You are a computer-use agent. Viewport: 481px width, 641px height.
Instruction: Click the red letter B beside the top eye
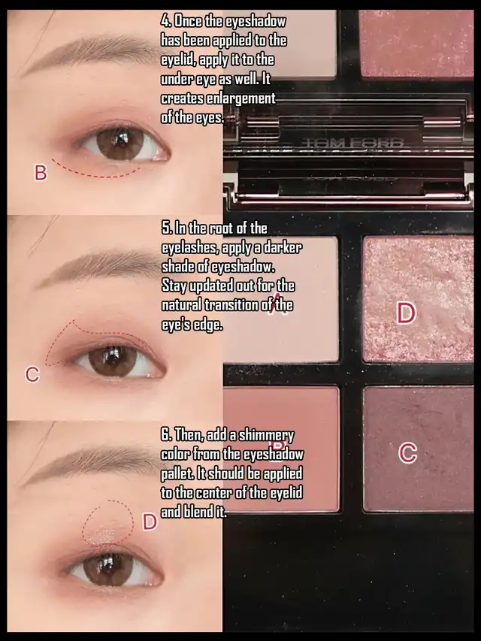pos(41,173)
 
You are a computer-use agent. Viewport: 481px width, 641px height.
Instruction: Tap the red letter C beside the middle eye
pos(32,374)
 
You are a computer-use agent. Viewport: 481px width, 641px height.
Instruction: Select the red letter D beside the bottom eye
pos(150,522)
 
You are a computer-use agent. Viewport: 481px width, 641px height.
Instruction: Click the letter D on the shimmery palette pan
pos(406,313)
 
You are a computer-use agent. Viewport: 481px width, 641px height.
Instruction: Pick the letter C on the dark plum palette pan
pos(408,453)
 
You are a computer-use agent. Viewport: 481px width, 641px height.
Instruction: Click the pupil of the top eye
pos(119,141)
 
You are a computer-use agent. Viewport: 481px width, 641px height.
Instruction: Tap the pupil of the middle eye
pos(113,359)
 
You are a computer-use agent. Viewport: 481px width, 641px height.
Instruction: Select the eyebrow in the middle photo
pos(100,266)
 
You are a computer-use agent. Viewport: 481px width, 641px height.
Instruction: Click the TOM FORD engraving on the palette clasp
pos(352,144)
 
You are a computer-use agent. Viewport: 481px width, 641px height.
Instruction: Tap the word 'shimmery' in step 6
pos(266,436)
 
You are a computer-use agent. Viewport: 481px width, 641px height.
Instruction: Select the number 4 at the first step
pos(165,21)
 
